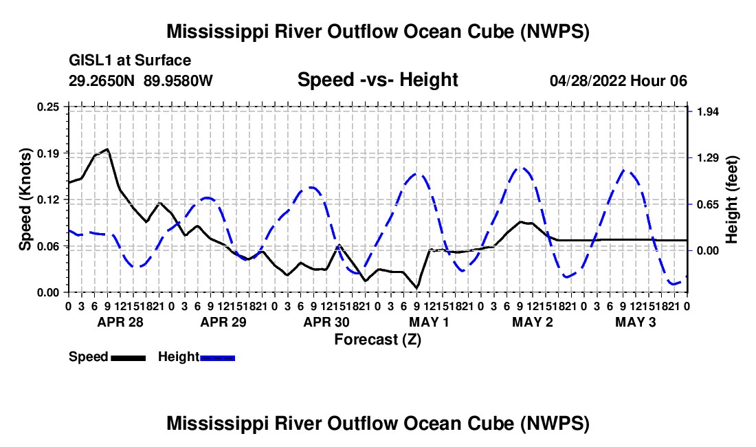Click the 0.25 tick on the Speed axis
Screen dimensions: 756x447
coord(47,107)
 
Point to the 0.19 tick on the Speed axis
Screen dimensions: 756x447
coord(47,153)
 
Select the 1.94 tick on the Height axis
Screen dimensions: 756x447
coord(709,112)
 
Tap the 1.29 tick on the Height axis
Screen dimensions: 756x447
coord(709,158)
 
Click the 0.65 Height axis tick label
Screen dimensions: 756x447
coord(709,205)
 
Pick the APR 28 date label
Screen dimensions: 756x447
coord(120,322)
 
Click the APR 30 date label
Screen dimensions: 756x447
coord(326,322)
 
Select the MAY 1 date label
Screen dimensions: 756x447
coord(429,322)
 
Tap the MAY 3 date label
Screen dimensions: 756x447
coord(636,322)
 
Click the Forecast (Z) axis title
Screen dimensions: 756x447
coord(377,340)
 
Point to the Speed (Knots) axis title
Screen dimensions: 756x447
coord(25,199)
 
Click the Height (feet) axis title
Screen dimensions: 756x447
coord(731,199)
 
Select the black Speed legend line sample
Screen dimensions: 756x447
coord(129,358)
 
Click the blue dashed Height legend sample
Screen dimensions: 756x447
coord(217,358)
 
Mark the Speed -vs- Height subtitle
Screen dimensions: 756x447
coord(377,80)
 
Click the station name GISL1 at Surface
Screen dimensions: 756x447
coord(130,61)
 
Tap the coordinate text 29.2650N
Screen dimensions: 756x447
coord(102,80)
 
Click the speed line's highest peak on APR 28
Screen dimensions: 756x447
coord(107,149)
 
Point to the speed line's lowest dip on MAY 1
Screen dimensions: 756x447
coord(416,288)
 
